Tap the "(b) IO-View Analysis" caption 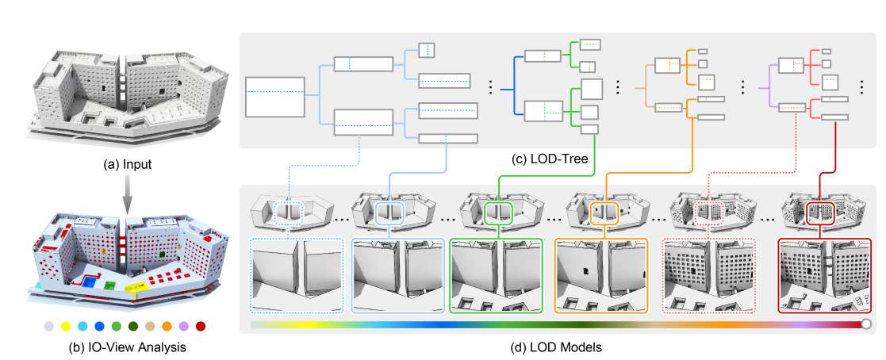[128, 346]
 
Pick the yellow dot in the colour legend [67, 326]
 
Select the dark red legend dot [201, 326]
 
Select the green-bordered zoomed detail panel [496, 274]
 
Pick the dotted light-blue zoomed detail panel [295, 274]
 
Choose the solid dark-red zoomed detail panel [825, 274]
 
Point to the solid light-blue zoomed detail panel [396, 274]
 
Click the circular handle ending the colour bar [866, 324]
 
